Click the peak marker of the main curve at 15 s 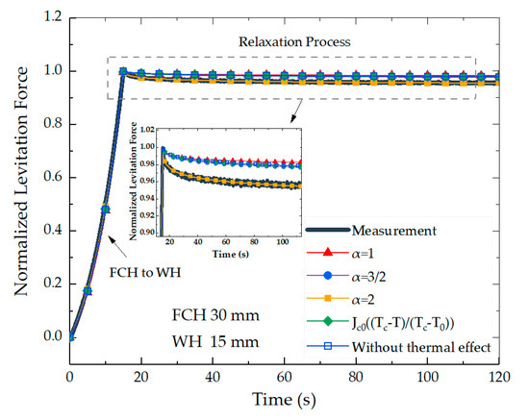click(123, 71)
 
